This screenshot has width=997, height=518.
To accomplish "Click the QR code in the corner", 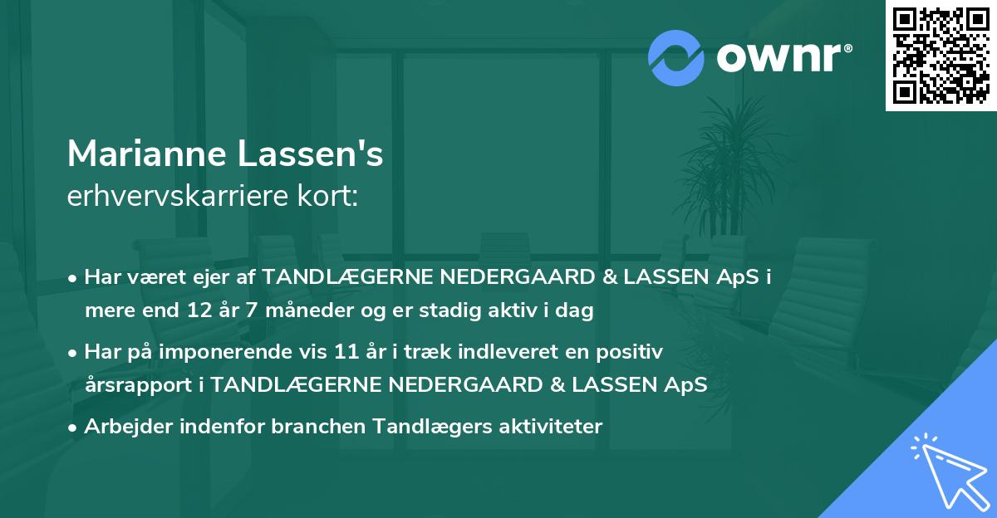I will point(941,55).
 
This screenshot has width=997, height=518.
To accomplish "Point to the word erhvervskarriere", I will point(173,197).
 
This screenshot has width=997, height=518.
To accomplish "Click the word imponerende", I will point(246,352).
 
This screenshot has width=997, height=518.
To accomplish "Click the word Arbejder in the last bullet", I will point(121,426).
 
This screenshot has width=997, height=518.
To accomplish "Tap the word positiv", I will point(633,352).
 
